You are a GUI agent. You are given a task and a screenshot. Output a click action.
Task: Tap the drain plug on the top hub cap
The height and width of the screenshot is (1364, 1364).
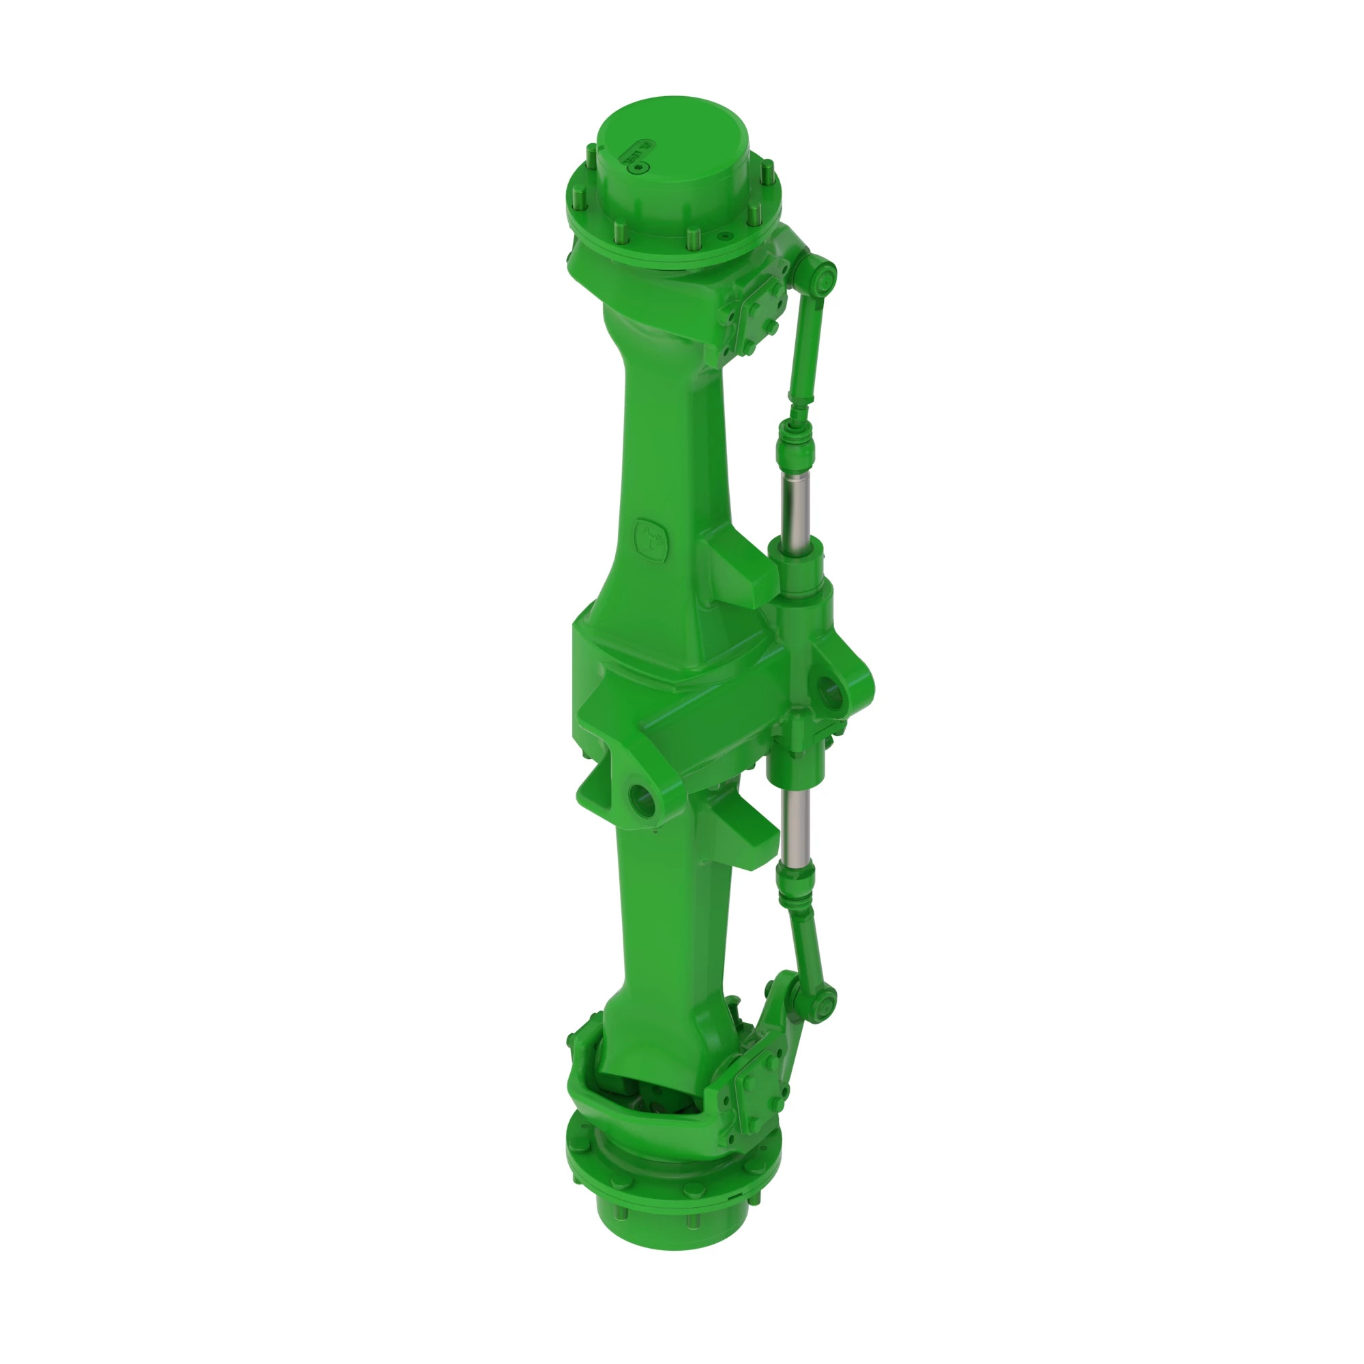(640, 168)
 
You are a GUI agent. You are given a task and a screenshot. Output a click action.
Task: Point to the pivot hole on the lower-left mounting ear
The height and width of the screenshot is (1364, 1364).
(641, 799)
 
